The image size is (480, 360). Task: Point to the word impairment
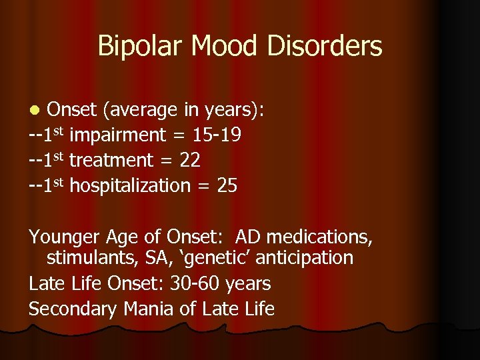pos(117,135)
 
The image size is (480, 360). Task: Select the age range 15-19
pos(216,135)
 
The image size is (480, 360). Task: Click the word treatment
pos(111,161)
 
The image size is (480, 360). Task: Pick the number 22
pos(189,161)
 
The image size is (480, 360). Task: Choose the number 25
pos(227,186)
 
